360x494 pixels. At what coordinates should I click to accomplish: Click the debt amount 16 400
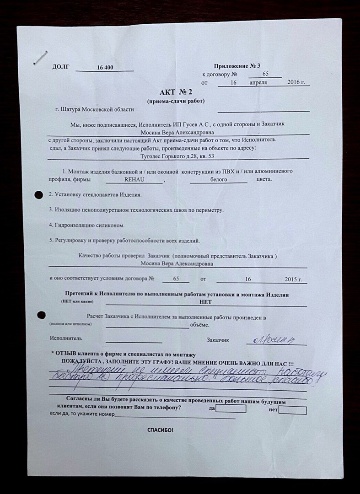(105, 67)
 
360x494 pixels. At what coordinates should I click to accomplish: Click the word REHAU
(134, 180)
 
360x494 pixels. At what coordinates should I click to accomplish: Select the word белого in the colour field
(219, 180)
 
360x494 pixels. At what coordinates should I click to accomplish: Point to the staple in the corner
(41, 58)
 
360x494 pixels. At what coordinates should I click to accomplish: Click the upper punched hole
(38, 195)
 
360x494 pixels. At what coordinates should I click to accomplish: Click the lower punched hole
(41, 315)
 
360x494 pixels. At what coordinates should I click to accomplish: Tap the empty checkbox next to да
(231, 408)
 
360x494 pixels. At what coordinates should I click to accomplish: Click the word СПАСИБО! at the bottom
(160, 430)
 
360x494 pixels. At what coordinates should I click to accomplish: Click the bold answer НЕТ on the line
(206, 302)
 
